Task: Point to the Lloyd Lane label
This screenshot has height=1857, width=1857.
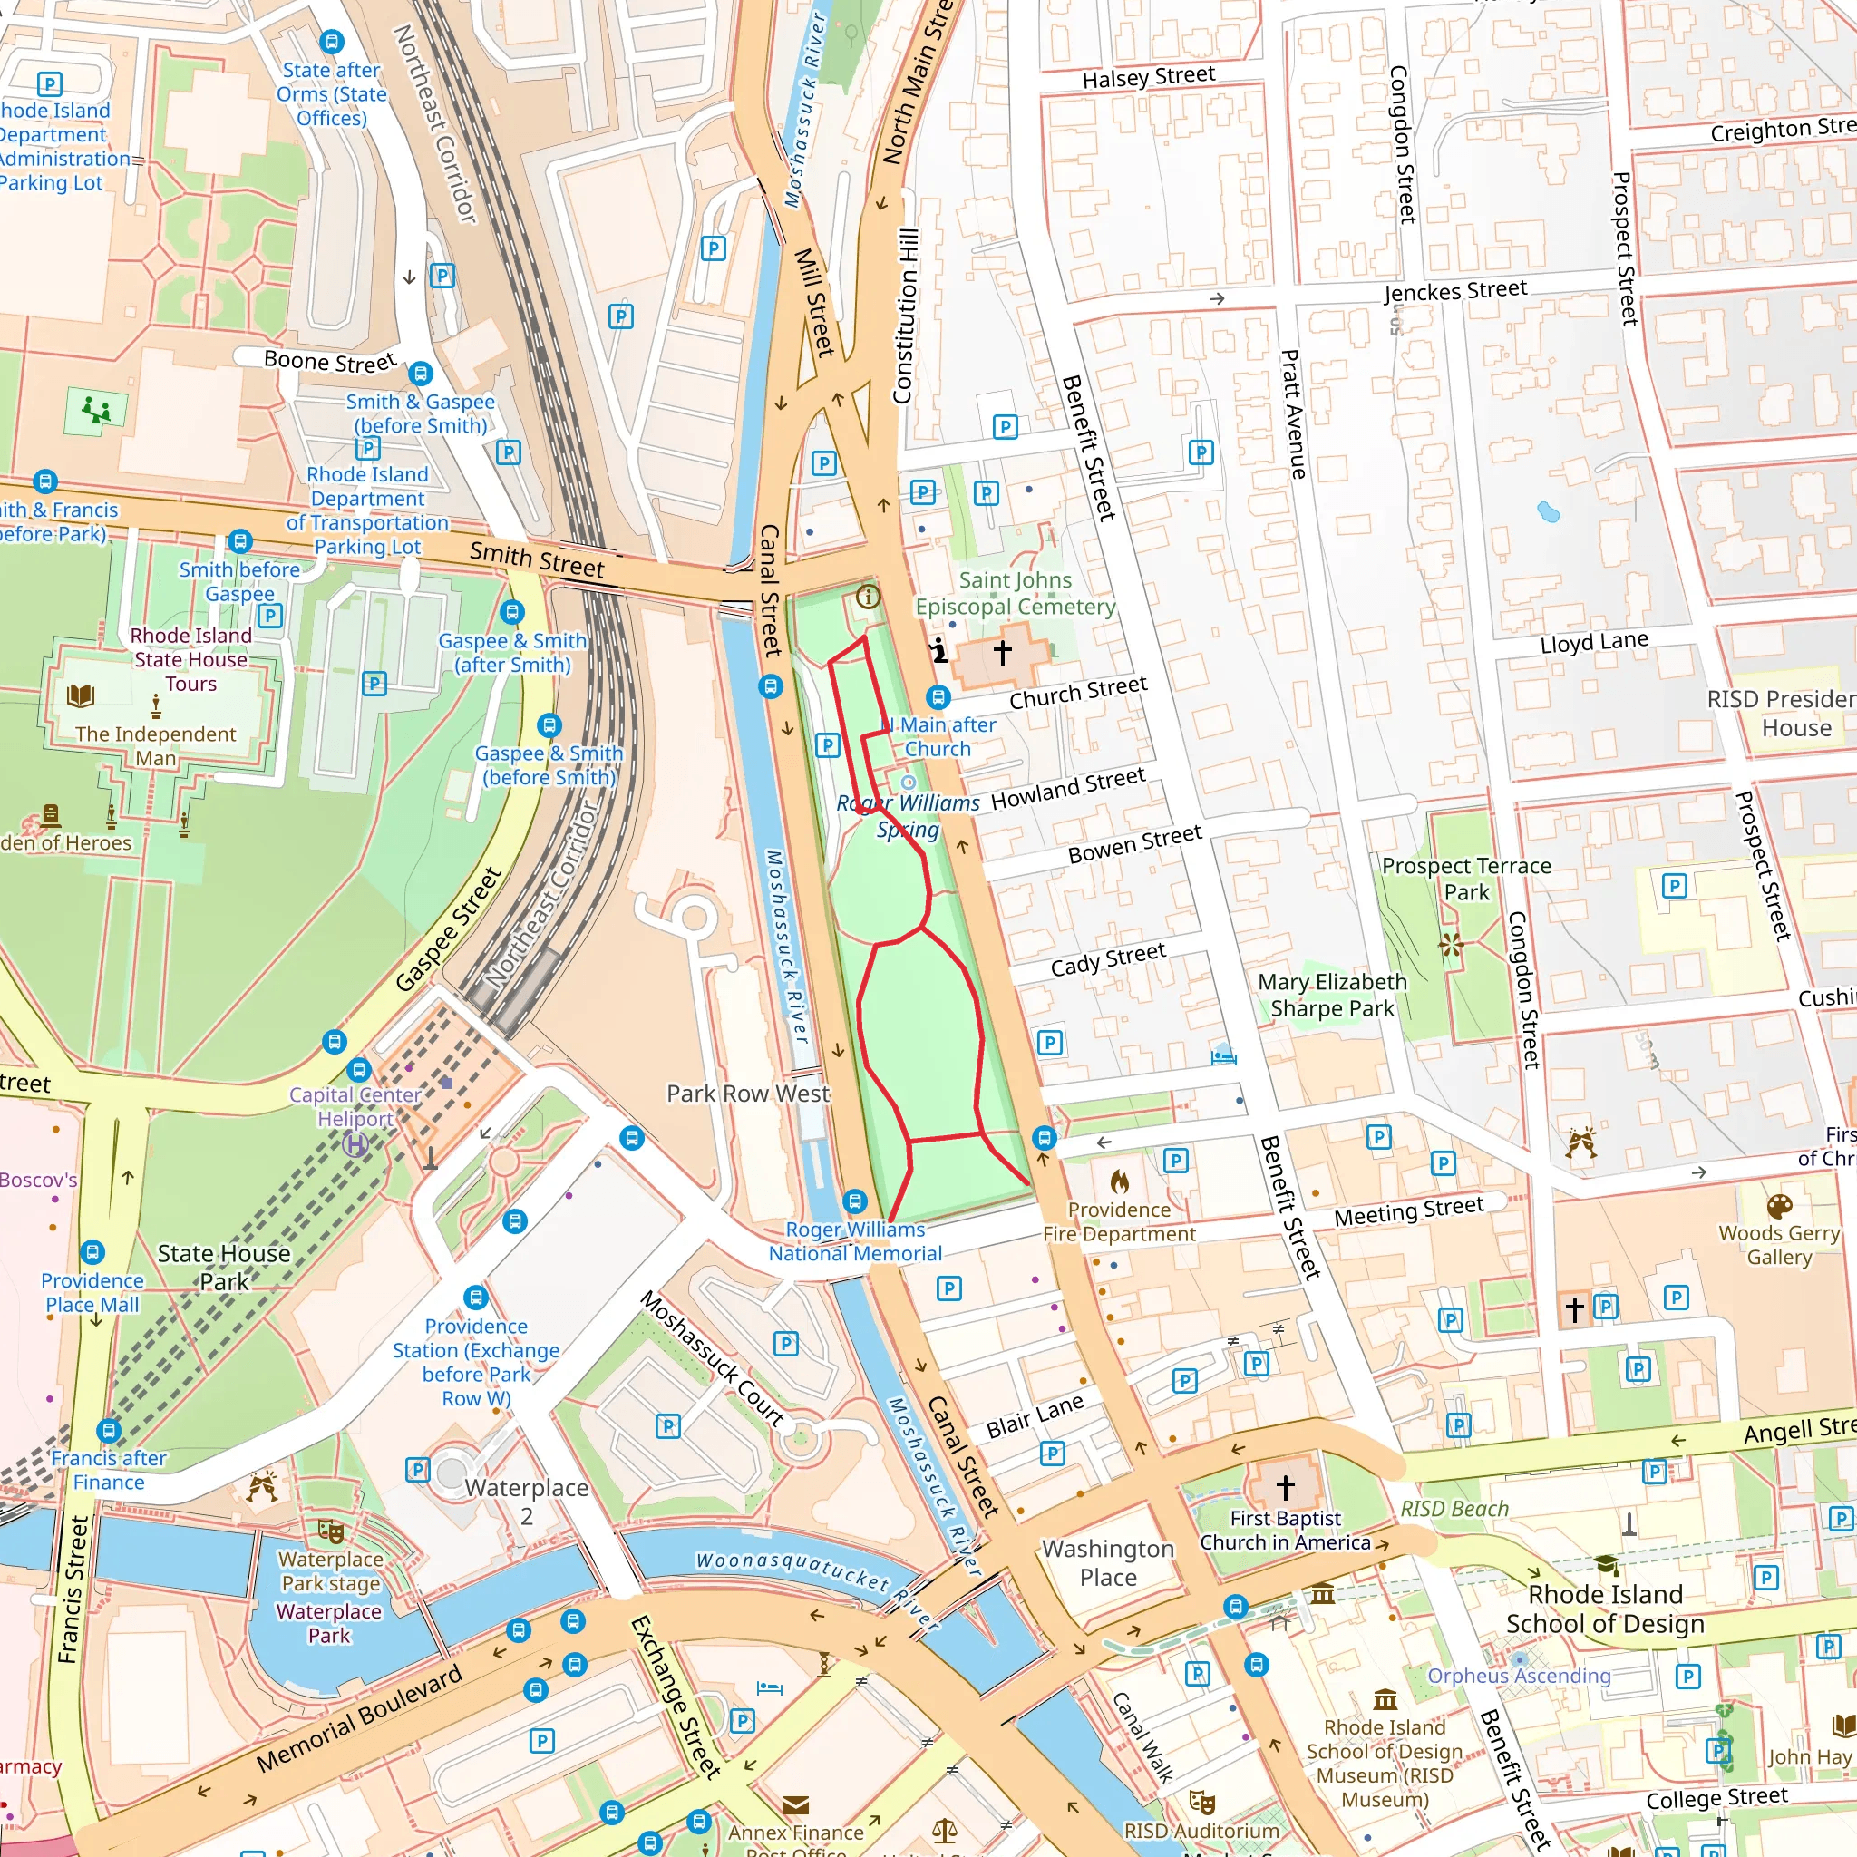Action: pyautogui.click(x=1594, y=642)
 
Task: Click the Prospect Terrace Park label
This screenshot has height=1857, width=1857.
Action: pyautogui.click(x=1466, y=879)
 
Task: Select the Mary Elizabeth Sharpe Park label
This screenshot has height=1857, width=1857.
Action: pyautogui.click(x=1331, y=995)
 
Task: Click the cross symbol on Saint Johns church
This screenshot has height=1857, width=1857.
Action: pyautogui.click(x=1003, y=652)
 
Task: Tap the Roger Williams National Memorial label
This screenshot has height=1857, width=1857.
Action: pyautogui.click(x=854, y=1242)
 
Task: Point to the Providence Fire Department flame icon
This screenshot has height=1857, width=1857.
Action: pyautogui.click(x=1119, y=1181)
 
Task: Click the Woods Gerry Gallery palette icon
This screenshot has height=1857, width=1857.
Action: pyautogui.click(x=1779, y=1205)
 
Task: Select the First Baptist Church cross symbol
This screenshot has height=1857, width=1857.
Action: pyautogui.click(x=1285, y=1487)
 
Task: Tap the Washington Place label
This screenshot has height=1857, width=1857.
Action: pyautogui.click(x=1107, y=1563)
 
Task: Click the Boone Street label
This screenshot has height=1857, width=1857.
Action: pyautogui.click(x=330, y=362)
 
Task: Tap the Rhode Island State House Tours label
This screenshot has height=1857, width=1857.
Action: pyautogui.click(x=190, y=659)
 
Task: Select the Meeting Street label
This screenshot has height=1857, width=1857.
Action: pyautogui.click(x=1408, y=1212)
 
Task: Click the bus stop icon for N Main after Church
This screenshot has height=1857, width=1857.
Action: pyautogui.click(x=938, y=697)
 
